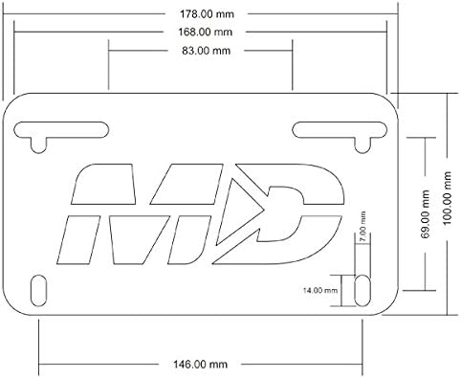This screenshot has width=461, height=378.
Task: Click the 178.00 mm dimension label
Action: point(207,14)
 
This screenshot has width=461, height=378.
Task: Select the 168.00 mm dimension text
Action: point(205,32)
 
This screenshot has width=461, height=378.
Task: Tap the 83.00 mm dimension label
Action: point(206,51)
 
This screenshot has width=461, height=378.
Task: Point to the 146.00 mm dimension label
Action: point(200,364)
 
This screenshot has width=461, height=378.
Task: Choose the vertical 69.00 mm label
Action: point(425,214)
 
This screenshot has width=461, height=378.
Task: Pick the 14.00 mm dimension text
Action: point(319,290)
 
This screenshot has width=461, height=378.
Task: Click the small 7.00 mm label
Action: point(362,222)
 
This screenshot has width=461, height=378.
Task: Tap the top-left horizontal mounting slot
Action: point(61,130)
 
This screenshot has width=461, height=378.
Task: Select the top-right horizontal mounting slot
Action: point(340,130)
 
